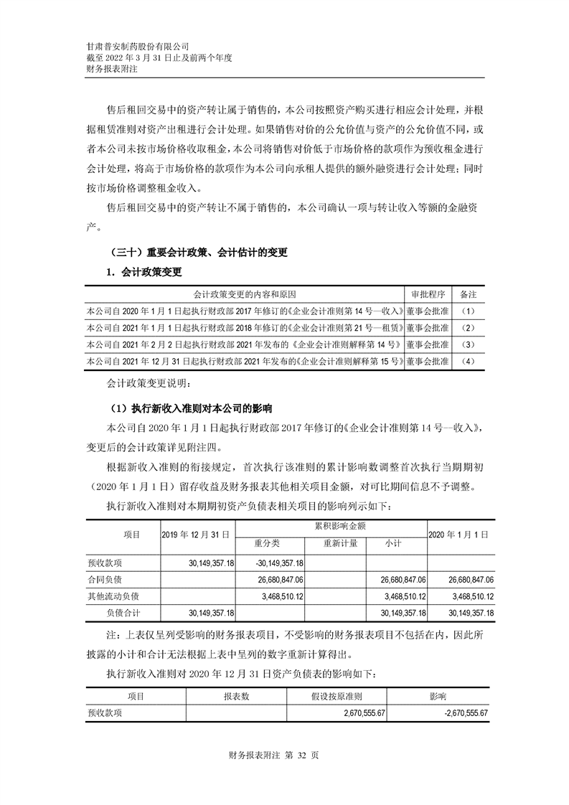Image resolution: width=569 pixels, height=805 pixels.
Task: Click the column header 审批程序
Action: click(428, 295)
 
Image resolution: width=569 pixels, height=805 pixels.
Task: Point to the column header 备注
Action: click(469, 295)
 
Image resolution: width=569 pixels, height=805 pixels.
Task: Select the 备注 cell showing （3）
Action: click(469, 344)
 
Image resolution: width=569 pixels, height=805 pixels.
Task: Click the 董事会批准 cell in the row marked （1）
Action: click(428, 311)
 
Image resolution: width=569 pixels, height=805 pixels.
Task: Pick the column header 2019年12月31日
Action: click(195, 534)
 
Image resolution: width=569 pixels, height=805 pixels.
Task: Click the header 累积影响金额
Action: click(331, 526)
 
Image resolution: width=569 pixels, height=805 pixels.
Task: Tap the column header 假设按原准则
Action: click(337, 696)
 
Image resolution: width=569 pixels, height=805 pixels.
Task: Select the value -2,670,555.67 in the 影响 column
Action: click(454, 712)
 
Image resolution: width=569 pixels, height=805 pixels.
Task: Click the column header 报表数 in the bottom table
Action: click(236, 696)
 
